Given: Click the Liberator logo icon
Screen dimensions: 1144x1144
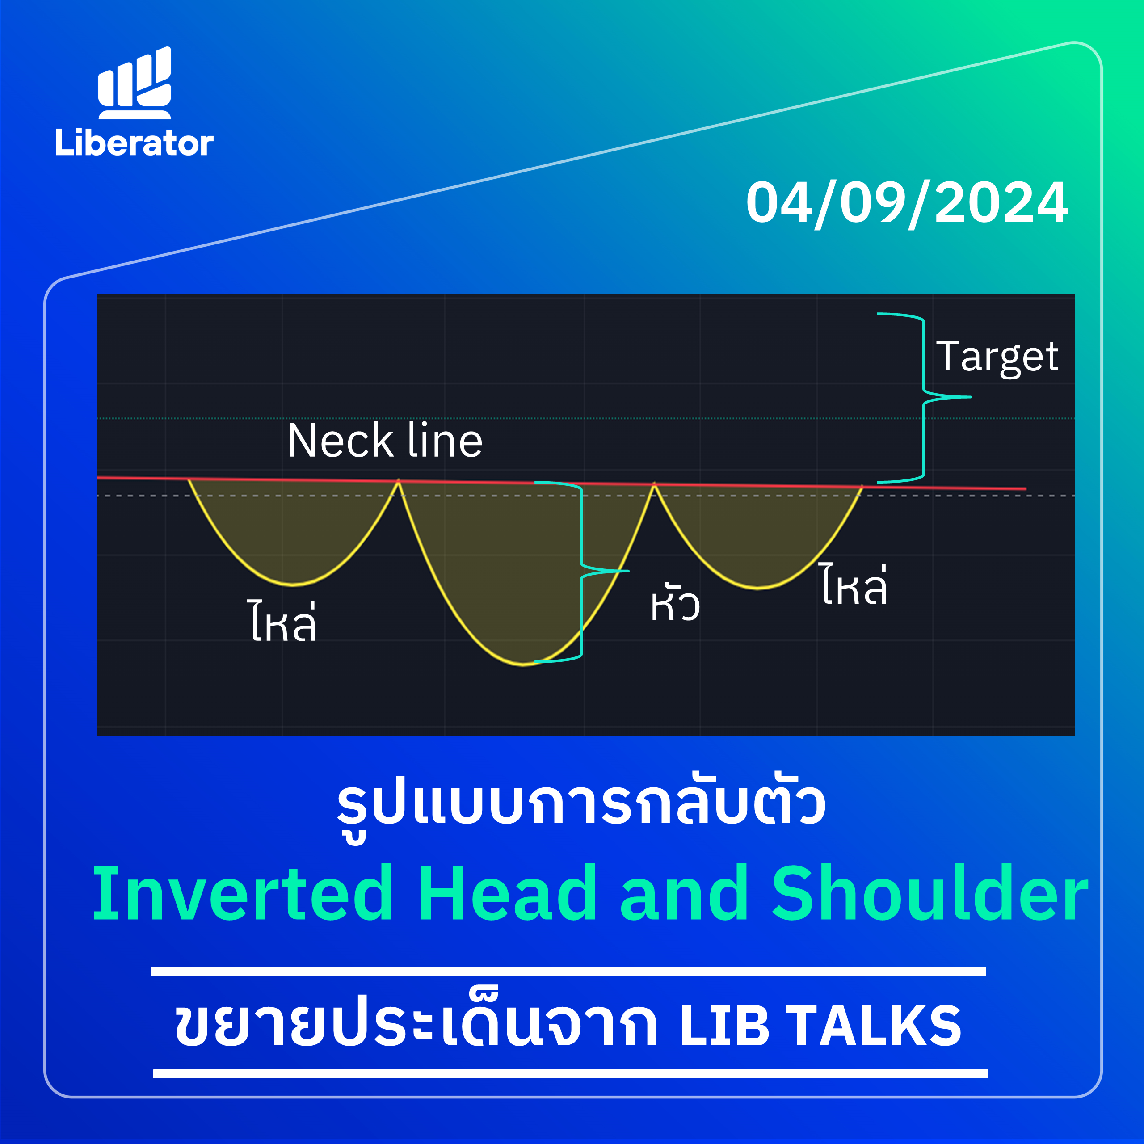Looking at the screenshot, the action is pos(135,83).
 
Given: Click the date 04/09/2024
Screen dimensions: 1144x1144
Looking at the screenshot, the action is pos(907,203).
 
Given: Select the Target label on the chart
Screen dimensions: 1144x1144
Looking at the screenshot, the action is pos(997,357).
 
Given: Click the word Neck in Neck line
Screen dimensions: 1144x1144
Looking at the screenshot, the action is pos(341,441).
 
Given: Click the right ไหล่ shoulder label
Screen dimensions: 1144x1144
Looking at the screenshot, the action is pos(854,585).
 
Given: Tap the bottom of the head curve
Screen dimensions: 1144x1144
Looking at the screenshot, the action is pos(523,665).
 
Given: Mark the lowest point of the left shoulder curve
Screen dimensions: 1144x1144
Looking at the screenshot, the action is pos(293,585).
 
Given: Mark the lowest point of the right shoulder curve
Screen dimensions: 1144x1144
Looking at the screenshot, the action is pos(758,588).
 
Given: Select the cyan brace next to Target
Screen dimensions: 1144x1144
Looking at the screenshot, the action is pos(924,397).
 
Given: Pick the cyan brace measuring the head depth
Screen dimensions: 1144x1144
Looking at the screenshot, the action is pos(581,572).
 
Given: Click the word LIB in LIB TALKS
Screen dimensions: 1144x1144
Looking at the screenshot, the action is pos(725,1026).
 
